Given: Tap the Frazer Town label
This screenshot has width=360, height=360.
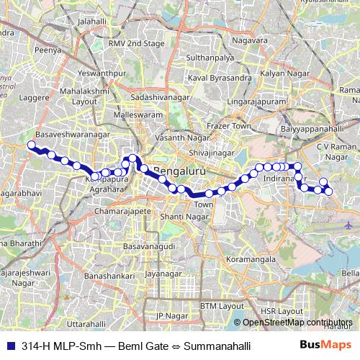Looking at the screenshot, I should click(x=228, y=126).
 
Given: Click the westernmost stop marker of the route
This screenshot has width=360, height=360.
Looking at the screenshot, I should click(x=31, y=145).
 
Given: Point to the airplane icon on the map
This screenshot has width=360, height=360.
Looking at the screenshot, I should click(x=349, y=225).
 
